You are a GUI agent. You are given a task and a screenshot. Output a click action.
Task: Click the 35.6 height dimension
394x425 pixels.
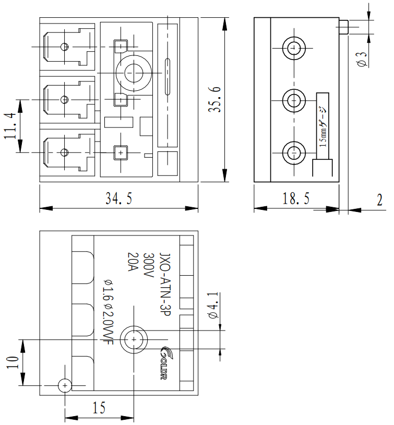[x=214, y=100]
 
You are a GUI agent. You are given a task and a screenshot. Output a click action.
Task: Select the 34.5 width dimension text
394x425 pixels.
[x=118, y=198]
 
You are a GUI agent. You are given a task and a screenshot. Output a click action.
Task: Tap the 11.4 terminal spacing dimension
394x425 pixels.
[x=10, y=126]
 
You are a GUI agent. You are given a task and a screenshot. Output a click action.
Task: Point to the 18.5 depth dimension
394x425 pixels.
[x=296, y=198]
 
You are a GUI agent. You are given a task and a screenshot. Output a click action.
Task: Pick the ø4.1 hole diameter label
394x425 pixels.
[x=213, y=305]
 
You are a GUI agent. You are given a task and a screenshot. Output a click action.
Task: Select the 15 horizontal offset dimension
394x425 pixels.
[x=99, y=408]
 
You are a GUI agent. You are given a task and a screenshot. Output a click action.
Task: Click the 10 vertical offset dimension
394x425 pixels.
[x=13, y=362]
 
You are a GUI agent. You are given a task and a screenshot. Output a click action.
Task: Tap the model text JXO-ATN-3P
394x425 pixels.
[x=165, y=285]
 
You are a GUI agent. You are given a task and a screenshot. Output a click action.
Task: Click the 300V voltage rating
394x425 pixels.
[x=149, y=265]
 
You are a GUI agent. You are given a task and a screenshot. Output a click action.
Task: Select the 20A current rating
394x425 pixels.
[x=133, y=262]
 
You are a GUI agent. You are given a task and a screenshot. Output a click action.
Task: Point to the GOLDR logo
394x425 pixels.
[x=164, y=363]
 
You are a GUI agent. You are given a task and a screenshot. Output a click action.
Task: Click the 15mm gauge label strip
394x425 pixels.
[x=323, y=126]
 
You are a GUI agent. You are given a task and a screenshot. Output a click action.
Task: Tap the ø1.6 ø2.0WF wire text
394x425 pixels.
[x=109, y=312]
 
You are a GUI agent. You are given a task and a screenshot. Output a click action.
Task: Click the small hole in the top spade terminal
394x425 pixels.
[x=64, y=47]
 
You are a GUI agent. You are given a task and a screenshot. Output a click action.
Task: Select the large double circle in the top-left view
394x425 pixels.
[x=134, y=73]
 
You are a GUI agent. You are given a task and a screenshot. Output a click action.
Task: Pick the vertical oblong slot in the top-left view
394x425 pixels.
[x=168, y=76]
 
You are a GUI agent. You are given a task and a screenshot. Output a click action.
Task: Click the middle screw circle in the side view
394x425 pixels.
[x=294, y=101]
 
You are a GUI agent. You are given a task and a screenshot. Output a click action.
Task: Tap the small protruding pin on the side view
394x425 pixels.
[x=343, y=27]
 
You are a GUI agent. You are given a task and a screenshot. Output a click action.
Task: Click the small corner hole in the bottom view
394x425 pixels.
[x=65, y=385]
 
